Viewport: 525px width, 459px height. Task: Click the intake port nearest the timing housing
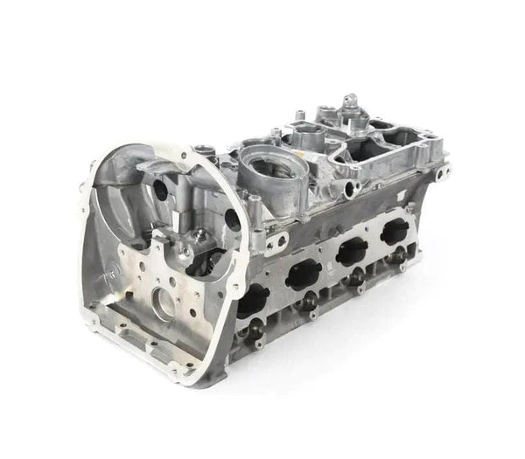(x=254, y=302)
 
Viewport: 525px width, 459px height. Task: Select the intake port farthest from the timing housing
(x=395, y=232)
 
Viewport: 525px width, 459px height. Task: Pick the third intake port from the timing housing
(x=352, y=252)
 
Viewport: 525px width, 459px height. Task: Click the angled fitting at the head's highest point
(x=350, y=103)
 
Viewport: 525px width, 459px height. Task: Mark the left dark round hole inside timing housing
(x=161, y=188)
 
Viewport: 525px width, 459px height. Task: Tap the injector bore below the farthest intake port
(x=401, y=254)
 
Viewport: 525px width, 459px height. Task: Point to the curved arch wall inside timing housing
(x=131, y=166)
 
